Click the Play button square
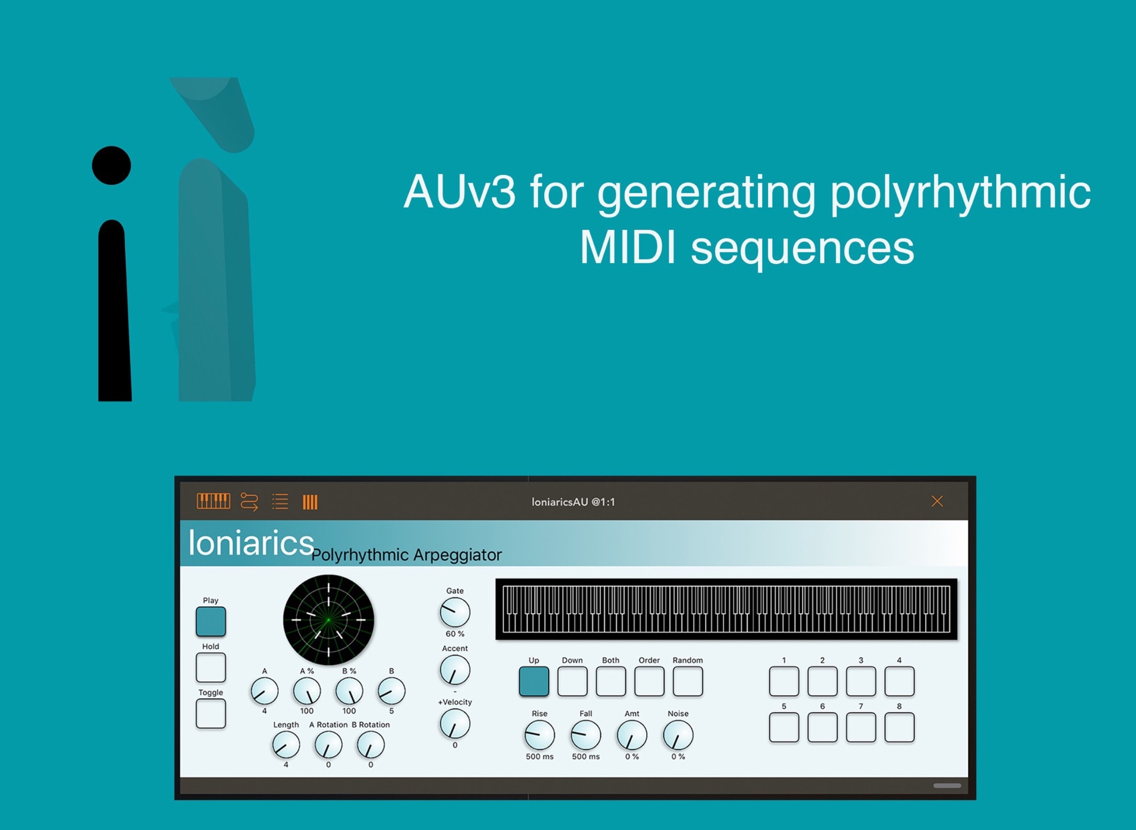tap(211, 622)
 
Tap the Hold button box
tap(211, 668)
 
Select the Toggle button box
tap(211, 714)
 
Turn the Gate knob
tap(455, 612)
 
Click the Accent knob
tap(455, 670)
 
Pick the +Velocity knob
tap(455, 724)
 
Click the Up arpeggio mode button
tap(534, 681)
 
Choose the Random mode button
tap(688, 681)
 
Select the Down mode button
tap(573, 681)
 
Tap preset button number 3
tap(861, 681)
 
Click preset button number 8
tap(899, 728)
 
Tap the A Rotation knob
tap(328, 745)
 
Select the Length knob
tap(286, 745)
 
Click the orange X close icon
tap(937, 501)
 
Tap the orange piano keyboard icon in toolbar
tap(214, 501)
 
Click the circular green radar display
tap(328, 620)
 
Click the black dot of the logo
tap(111, 165)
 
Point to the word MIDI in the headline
tap(628, 248)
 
